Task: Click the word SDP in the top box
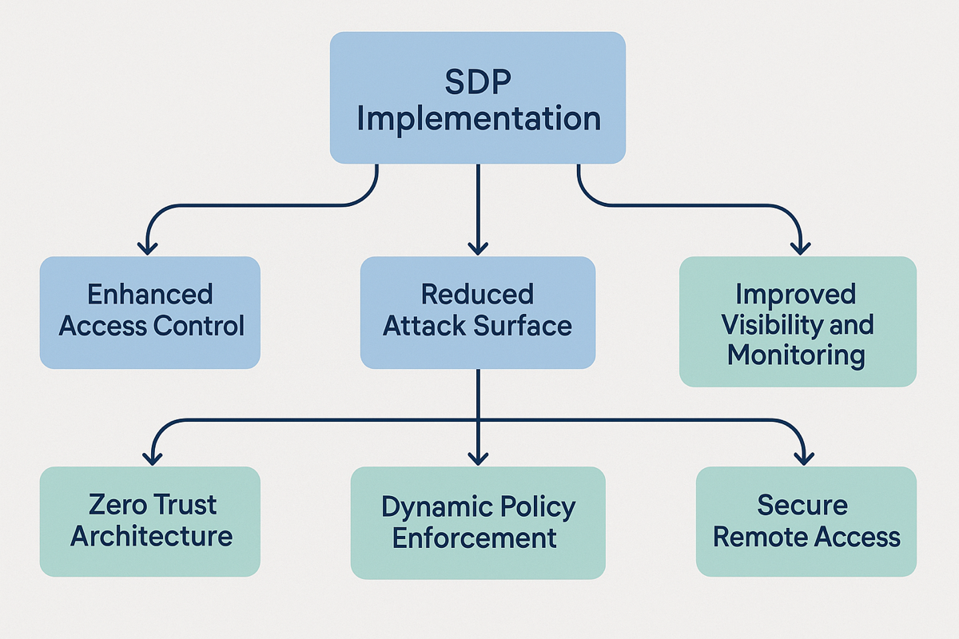(478, 81)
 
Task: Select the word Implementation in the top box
(479, 119)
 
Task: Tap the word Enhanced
(150, 294)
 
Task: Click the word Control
(199, 326)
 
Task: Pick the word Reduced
(477, 294)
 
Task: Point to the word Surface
(523, 326)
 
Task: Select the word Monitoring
(796, 356)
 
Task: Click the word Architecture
(151, 536)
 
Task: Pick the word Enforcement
(475, 538)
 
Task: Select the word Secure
(802, 505)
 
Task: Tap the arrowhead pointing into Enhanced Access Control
(148, 248)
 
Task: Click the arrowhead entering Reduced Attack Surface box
(478, 248)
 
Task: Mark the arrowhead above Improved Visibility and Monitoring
(800, 248)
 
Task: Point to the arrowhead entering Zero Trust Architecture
(152, 458)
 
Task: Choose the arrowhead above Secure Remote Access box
(804, 458)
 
